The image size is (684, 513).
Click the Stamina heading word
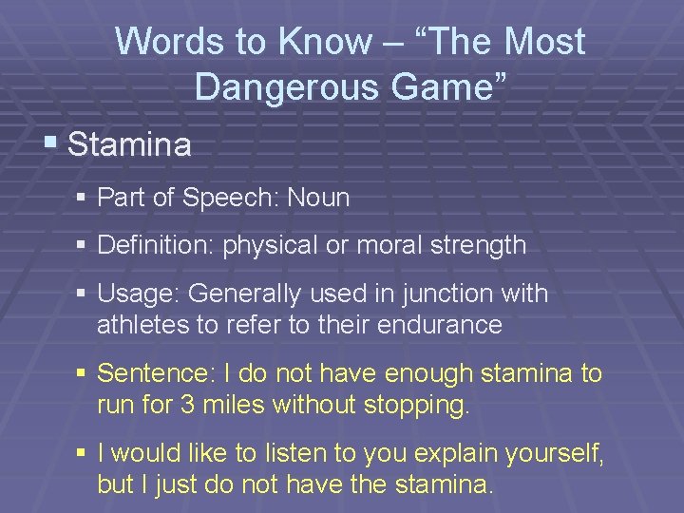pos(129,145)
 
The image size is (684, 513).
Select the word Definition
pos(156,245)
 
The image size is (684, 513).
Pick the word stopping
pos(417,405)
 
